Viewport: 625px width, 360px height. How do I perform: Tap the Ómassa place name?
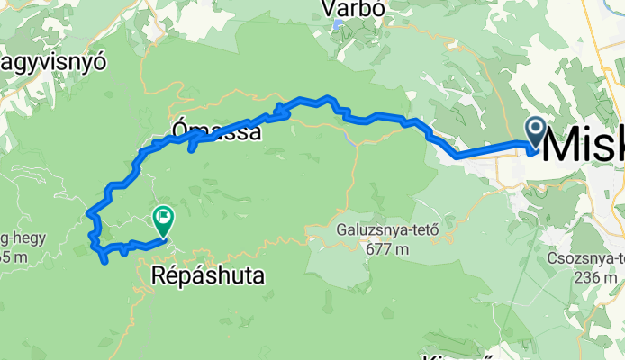216,133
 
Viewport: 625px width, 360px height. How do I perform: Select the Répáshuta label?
208,275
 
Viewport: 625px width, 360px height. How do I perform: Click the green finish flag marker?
163,217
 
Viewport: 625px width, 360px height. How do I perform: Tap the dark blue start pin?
535,132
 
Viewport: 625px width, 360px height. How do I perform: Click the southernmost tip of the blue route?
106,261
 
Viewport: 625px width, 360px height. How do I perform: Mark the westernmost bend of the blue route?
88,214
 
